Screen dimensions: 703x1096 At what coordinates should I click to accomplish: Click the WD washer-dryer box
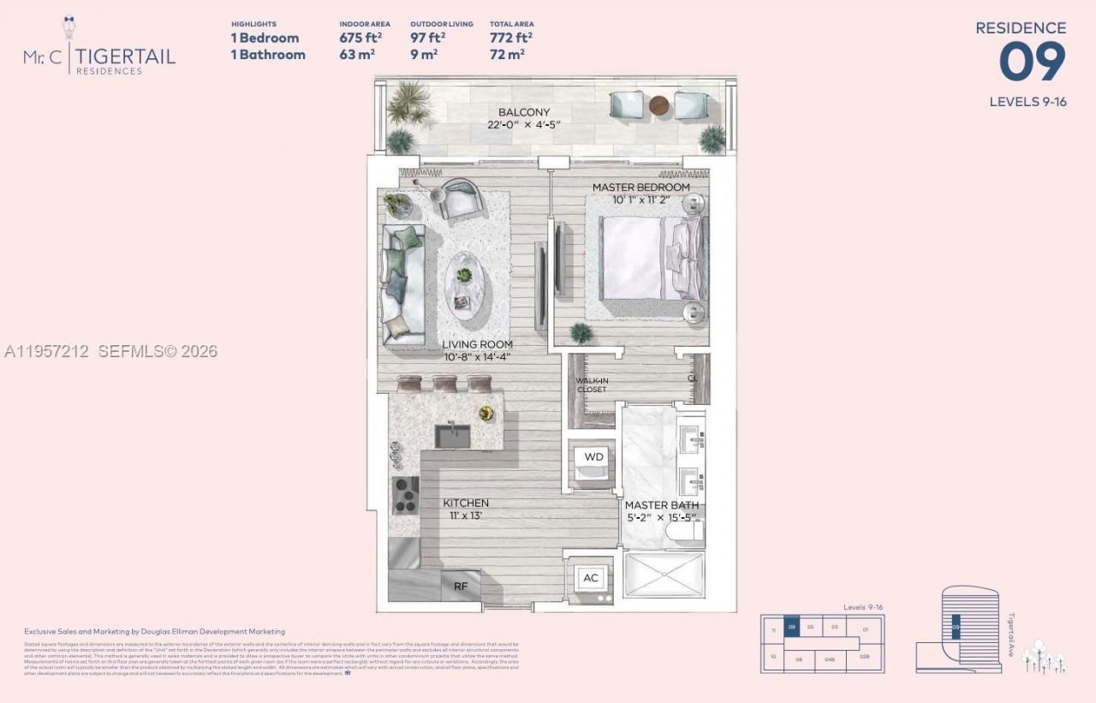(x=593, y=457)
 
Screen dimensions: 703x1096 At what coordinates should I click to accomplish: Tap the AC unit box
(x=590, y=578)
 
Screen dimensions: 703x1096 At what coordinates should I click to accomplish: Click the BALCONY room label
(x=524, y=112)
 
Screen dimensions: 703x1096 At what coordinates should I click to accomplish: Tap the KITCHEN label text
(x=466, y=503)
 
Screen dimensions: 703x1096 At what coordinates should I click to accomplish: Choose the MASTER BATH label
(x=661, y=505)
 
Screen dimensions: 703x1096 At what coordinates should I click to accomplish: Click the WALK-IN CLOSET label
(x=591, y=384)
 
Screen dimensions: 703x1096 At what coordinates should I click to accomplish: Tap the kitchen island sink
(x=450, y=435)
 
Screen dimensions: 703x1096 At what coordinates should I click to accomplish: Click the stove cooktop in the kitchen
(x=403, y=495)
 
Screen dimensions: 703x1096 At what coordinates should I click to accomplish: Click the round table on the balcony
(x=658, y=105)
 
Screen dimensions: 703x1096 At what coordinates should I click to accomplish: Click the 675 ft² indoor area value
(x=360, y=38)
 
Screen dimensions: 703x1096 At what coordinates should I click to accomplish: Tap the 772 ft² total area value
(x=510, y=38)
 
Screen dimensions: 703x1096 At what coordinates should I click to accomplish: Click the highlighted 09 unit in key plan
(x=792, y=629)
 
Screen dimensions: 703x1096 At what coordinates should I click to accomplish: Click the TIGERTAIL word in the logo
(x=126, y=56)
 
